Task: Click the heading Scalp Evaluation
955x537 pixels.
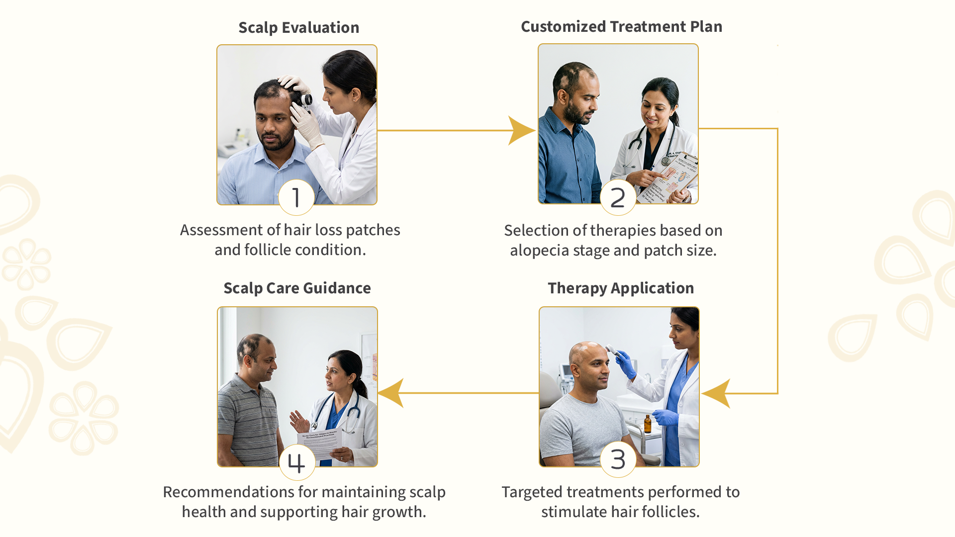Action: coord(298,28)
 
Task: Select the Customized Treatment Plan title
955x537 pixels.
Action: coord(621,27)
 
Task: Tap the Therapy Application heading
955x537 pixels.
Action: coord(620,288)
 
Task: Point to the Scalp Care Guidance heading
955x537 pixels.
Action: coord(297,288)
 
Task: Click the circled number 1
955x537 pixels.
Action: coord(296,197)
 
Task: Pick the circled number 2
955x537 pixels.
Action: coord(618,197)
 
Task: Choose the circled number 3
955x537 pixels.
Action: coord(618,459)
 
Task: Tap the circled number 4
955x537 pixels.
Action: coord(296,462)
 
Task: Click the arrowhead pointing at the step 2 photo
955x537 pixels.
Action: coord(520,131)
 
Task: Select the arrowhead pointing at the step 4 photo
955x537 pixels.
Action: coord(392,393)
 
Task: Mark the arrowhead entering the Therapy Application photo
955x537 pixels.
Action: coord(716,393)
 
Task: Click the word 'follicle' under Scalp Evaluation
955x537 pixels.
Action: coord(267,250)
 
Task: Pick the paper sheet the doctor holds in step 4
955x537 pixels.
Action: coord(320,443)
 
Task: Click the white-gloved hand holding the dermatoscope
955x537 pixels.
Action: coord(304,124)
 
